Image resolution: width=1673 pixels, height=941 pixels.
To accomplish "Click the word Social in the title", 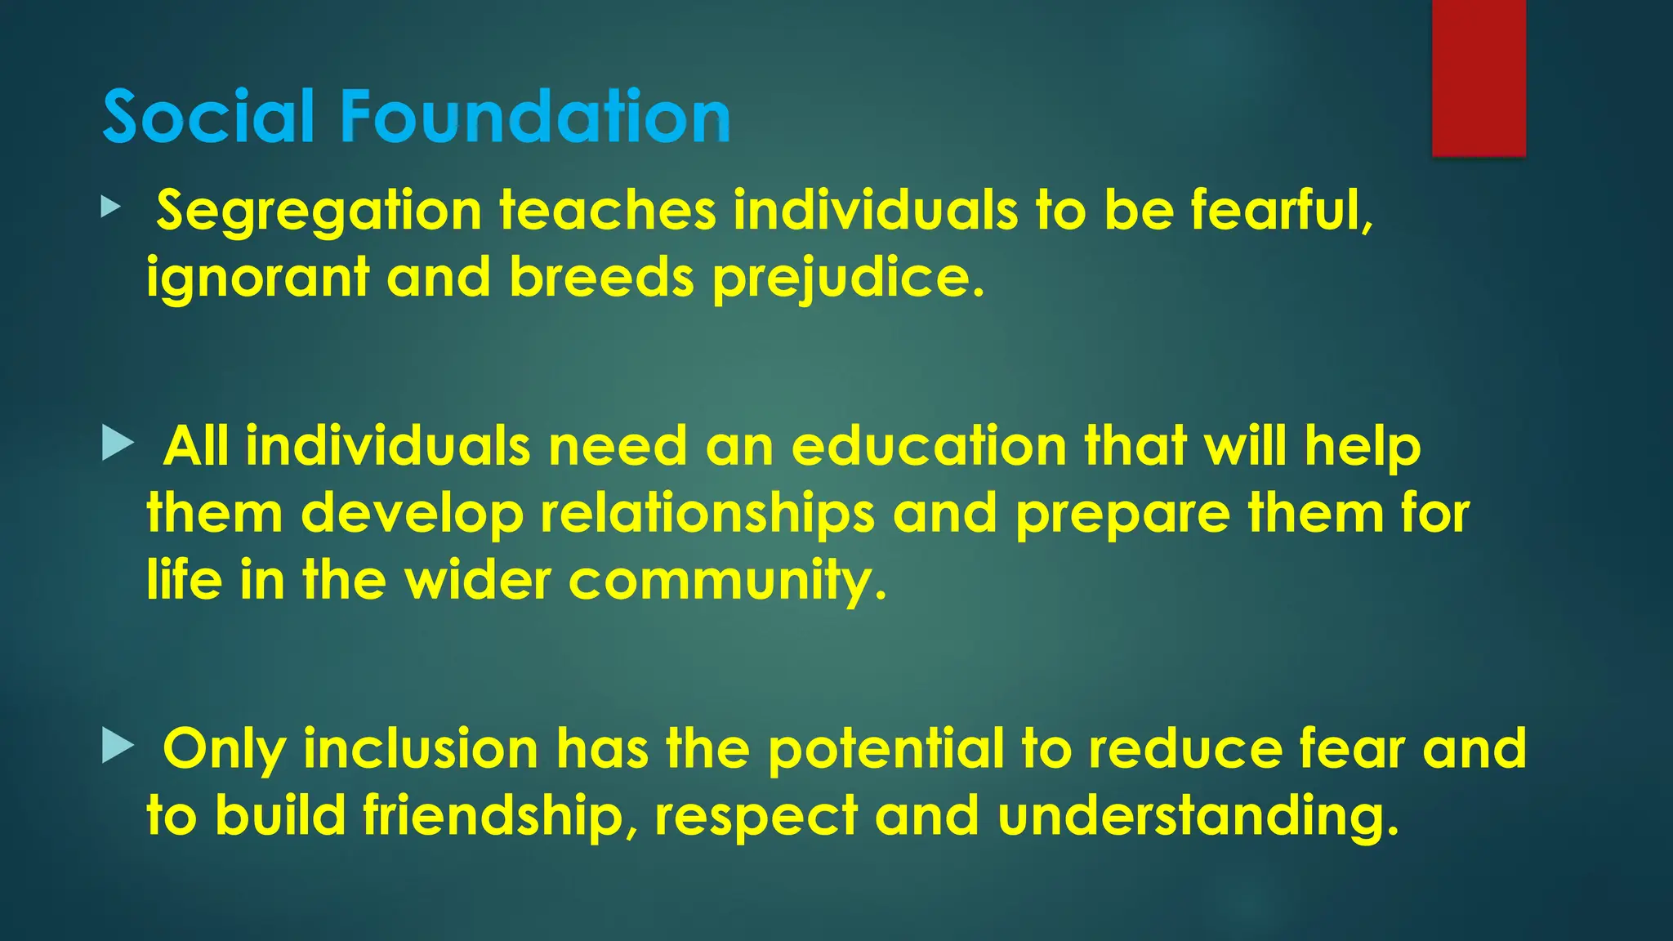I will (x=208, y=117).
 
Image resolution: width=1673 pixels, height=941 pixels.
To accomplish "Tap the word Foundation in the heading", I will (x=535, y=117).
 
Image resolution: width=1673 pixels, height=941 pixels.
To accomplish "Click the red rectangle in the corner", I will (x=1479, y=78).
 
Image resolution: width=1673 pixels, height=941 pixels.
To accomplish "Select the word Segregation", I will (x=319, y=212).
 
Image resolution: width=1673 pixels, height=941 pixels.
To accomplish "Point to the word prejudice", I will (x=848, y=279).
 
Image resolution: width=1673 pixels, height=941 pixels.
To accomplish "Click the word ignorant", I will (x=257, y=277).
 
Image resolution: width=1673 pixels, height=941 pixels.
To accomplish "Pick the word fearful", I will (x=1282, y=210).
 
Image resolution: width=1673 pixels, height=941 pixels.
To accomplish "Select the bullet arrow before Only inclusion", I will (x=118, y=746).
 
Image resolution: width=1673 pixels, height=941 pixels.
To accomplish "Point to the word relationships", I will (x=707, y=515).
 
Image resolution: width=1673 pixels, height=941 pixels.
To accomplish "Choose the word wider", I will (x=478, y=581).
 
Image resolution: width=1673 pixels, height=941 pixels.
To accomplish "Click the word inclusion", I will (x=421, y=748).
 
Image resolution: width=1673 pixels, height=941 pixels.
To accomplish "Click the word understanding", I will (x=1198, y=817).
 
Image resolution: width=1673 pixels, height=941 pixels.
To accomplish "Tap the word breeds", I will (x=601, y=277).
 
